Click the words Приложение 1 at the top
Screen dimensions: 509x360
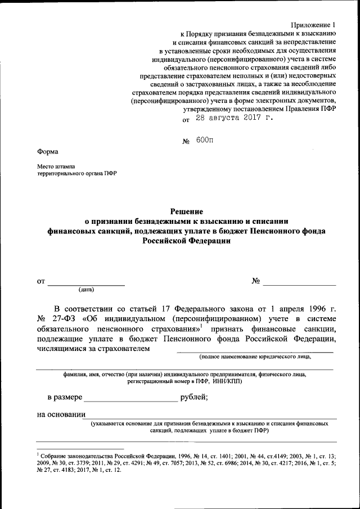pos(313,25)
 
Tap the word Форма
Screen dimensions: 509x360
pos(47,151)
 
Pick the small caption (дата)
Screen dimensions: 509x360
pos(86,290)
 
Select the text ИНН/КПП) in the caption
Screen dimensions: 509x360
pos(228,381)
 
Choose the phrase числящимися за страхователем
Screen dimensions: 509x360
pos(93,349)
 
